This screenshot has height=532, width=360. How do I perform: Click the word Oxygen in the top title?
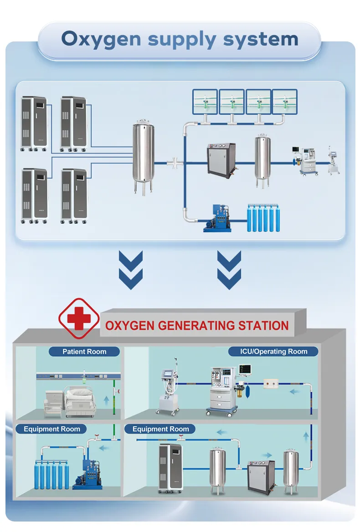(102, 39)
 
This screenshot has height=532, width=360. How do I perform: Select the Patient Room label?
(84, 352)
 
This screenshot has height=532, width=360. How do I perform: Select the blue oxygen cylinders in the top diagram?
(263, 218)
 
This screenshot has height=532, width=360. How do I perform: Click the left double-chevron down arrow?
(130, 270)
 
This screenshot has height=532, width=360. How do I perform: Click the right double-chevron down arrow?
(229, 270)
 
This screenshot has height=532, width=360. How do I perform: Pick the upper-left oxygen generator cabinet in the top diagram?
(35, 123)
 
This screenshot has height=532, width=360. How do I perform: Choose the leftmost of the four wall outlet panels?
(205, 101)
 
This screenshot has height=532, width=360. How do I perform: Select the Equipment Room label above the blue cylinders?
(52, 429)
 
